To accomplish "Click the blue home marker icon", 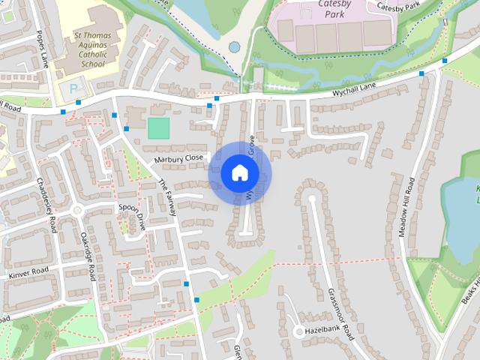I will pyautogui.click(x=239, y=173).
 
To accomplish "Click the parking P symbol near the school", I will pyautogui.click(x=73, y=88).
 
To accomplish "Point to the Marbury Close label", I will pyautogui.click(x=178, y=159).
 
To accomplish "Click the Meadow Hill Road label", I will pyautogui.click(x=406, y=207).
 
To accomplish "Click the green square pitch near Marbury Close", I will pyautogui.click(x=158, y=127).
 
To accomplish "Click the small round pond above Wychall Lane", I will pyautogui.click(x=235, y=46).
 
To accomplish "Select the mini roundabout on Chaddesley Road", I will pyautogui.click(x=76, y=211).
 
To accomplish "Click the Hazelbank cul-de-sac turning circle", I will pyautogui.click(x=298, y=331).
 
